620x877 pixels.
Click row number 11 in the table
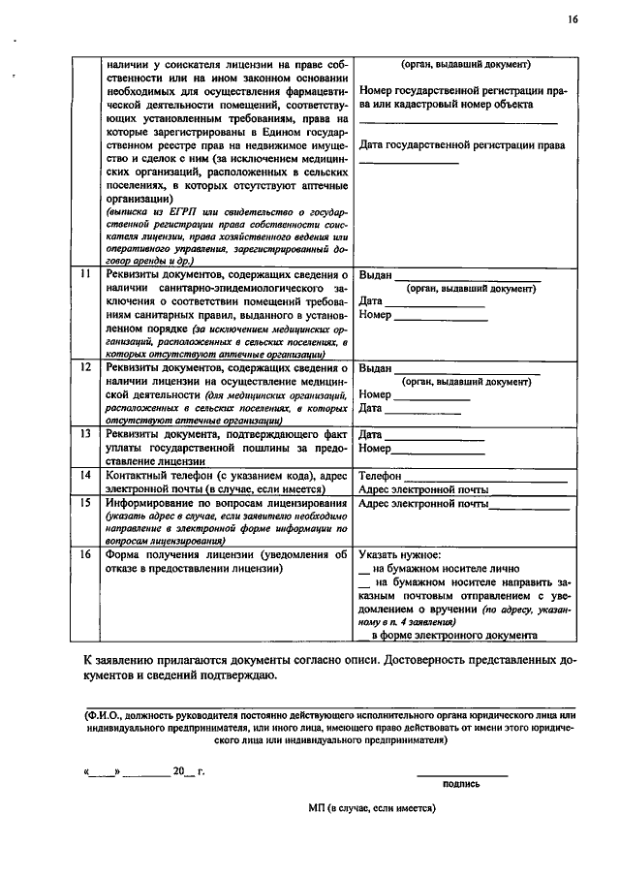(85, 276)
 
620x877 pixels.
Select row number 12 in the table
(85, 369)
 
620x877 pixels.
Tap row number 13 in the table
(85, 434)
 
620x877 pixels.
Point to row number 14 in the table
(85, 477)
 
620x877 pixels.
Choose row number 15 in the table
(85, 505)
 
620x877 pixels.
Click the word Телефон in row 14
(380, 477)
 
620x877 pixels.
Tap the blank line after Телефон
(485, 479)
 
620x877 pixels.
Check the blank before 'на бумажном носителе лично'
(365, 571)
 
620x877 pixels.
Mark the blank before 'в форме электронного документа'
(364, 638)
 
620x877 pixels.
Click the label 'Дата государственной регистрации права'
(462, 145)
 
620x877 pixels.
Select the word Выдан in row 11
(375, 276)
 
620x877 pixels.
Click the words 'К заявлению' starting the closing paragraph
(117, 661)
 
